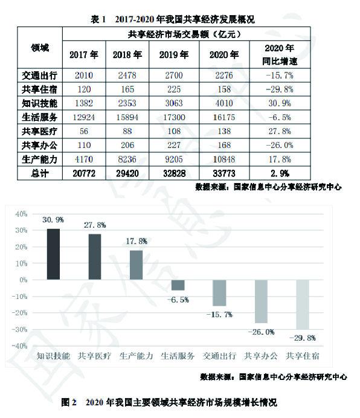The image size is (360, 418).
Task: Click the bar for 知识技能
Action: coord(53,254)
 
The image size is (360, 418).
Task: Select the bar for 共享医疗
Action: coord(95,257)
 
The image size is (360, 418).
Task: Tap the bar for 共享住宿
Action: coord(303,304)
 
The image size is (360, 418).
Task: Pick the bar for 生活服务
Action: coord(178,285)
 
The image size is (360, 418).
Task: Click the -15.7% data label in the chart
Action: coord(219,315)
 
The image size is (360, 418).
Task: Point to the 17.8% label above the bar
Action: coord(137,241)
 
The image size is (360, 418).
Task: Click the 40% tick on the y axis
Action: coord(21,214)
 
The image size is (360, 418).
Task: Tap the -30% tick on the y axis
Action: coord(20,329)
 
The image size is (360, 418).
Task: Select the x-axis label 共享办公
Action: coord(261,356)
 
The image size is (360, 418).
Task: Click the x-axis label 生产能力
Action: coord(137,356)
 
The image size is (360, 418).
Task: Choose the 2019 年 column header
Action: coord(174,54)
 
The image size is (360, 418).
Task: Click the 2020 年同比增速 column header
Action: coord(280,54)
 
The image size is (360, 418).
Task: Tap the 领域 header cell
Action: coord(40,48)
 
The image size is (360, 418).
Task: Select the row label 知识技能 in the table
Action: coord(39,103)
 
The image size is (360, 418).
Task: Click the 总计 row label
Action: coord(40,173)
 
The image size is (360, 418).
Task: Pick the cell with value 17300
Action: coord(174,117)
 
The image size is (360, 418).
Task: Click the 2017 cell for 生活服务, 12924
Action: coord(84,117)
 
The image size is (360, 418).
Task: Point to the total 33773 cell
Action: coord(224,173)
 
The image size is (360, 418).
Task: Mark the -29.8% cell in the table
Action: coord(280,89)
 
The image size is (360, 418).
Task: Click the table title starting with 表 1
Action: coord(173,19)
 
